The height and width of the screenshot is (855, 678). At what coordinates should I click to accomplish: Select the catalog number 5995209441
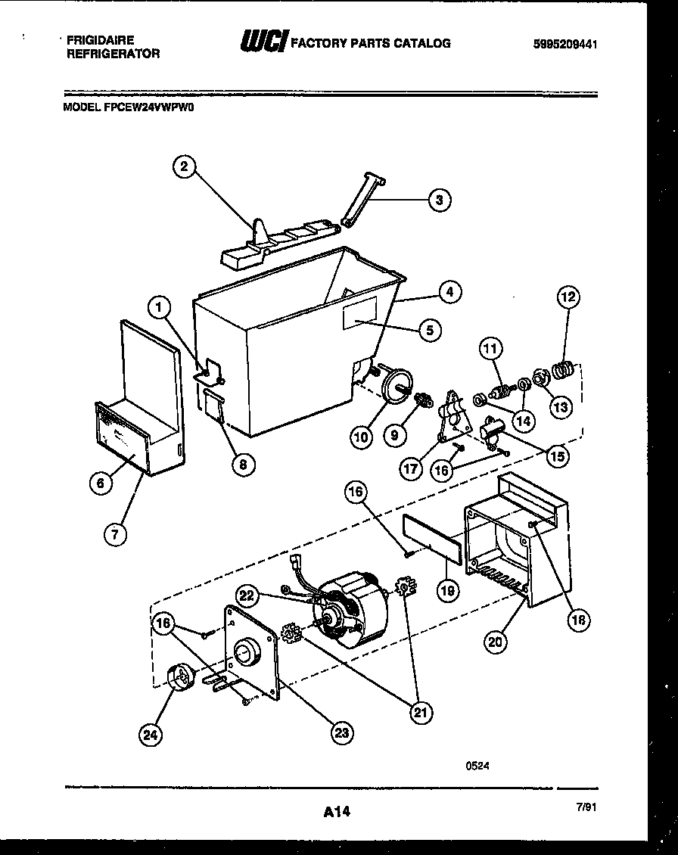[x=565, y=44]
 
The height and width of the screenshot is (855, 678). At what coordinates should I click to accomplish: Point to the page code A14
[x=337, y=812]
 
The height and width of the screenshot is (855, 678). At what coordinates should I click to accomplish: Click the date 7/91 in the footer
[x=586, y=807]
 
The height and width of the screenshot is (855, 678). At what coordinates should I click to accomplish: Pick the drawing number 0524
[x=477, y=765]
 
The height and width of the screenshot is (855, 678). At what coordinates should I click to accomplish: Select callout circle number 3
[x=440, y=200]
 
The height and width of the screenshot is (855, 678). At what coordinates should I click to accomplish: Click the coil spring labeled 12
[x=561, y=372]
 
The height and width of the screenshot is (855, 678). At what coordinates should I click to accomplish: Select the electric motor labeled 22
[x=350, y=614]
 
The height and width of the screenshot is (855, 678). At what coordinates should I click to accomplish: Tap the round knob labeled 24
[x=179, y=676]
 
